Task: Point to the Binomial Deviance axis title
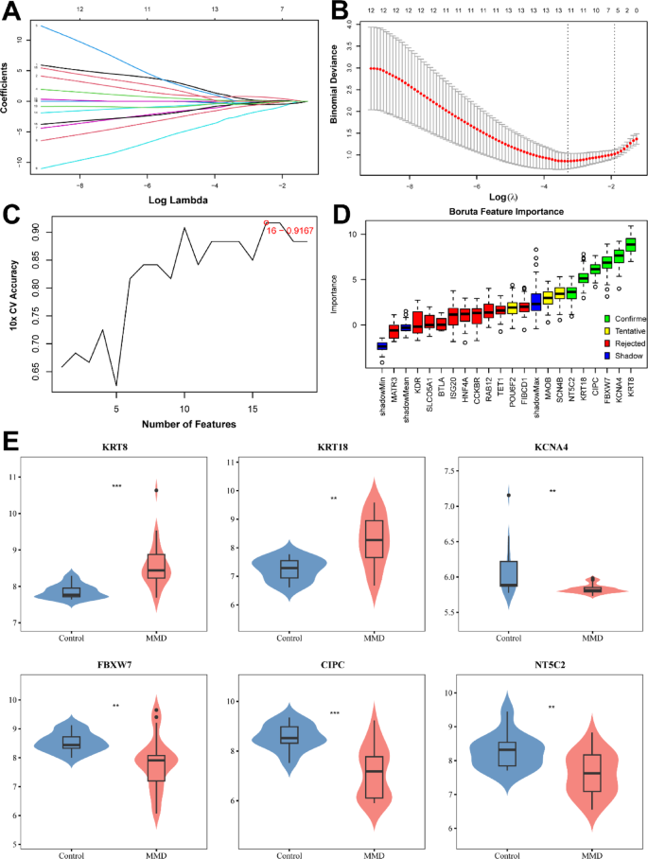point(333,96)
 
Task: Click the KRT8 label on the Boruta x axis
point(631,358)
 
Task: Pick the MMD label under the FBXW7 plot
point(156,853)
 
